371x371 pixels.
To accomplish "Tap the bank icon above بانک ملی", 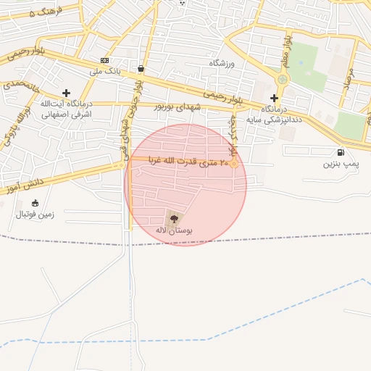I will tap(105, 61).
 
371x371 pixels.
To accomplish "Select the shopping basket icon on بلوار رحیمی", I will tap(140, 70).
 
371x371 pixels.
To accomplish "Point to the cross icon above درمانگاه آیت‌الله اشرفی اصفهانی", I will tap(67, 93).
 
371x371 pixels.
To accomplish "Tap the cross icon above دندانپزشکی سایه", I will tap(274, 98).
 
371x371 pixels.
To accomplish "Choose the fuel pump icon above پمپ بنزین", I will tap(341, 153).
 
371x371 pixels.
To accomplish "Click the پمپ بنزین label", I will tap(341, 164).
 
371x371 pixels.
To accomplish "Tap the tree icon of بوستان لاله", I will tap(172, 217).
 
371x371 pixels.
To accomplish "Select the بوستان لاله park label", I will tap(172, 230).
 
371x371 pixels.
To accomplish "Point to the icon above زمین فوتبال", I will tap(36, 203).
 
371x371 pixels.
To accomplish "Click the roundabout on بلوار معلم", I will tap(283, 79).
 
